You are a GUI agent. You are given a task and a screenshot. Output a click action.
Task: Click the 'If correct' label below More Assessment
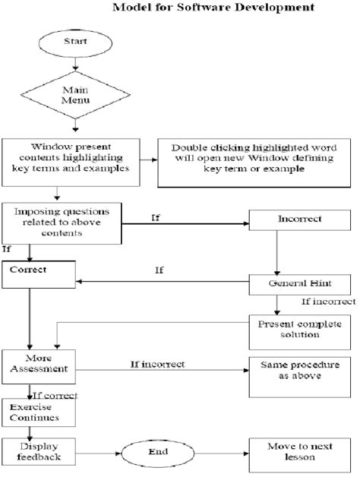53,394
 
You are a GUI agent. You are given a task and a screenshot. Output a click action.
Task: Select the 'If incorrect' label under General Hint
328,302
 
